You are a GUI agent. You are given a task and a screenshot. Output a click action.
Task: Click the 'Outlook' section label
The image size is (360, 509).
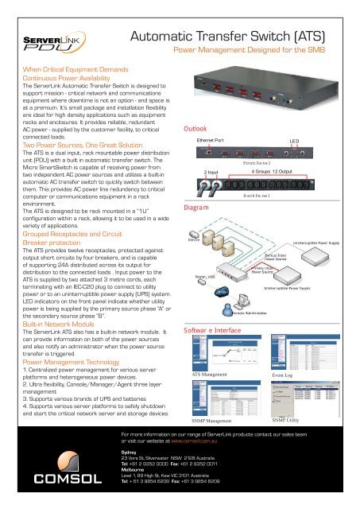tap(195, 128)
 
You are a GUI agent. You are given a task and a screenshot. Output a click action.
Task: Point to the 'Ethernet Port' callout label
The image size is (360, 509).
tap(211, 139)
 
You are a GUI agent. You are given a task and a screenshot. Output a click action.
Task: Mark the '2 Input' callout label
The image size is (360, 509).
tap(211, 171)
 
